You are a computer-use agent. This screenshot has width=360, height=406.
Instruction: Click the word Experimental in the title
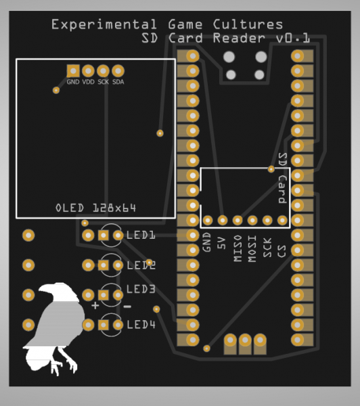tap(104, 25)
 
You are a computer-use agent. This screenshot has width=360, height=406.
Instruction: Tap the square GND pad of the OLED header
tap(73, 71)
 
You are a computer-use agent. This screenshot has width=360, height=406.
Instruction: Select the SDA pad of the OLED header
tap(118, 71)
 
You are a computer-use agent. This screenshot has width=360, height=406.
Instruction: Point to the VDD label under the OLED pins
tap(89, 82)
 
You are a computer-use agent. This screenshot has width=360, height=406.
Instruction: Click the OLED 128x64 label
tap(96, 208)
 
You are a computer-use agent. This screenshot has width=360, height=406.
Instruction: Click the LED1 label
tap(141, 235)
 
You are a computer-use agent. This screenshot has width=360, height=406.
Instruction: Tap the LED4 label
tap(141, 325)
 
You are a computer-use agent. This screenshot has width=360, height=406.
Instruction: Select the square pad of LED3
tap(103, 295)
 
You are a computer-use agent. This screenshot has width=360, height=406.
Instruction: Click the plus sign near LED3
tap(95, 306)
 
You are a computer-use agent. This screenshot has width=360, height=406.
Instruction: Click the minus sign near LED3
tap(127, 307)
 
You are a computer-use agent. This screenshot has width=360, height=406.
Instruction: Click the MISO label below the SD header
tap(238, 248)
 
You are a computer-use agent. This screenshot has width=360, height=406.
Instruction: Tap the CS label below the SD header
tap(282, 252)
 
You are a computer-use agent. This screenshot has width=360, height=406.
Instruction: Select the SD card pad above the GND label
tap(208, 221)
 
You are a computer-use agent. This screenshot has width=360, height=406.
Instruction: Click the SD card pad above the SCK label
tap(267, 221)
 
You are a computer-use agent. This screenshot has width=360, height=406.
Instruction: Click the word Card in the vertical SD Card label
tap(283, 189)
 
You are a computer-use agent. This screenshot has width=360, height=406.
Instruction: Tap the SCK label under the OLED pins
tap(104, 82)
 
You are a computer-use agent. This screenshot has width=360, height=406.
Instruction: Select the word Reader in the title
tap(239, 39)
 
